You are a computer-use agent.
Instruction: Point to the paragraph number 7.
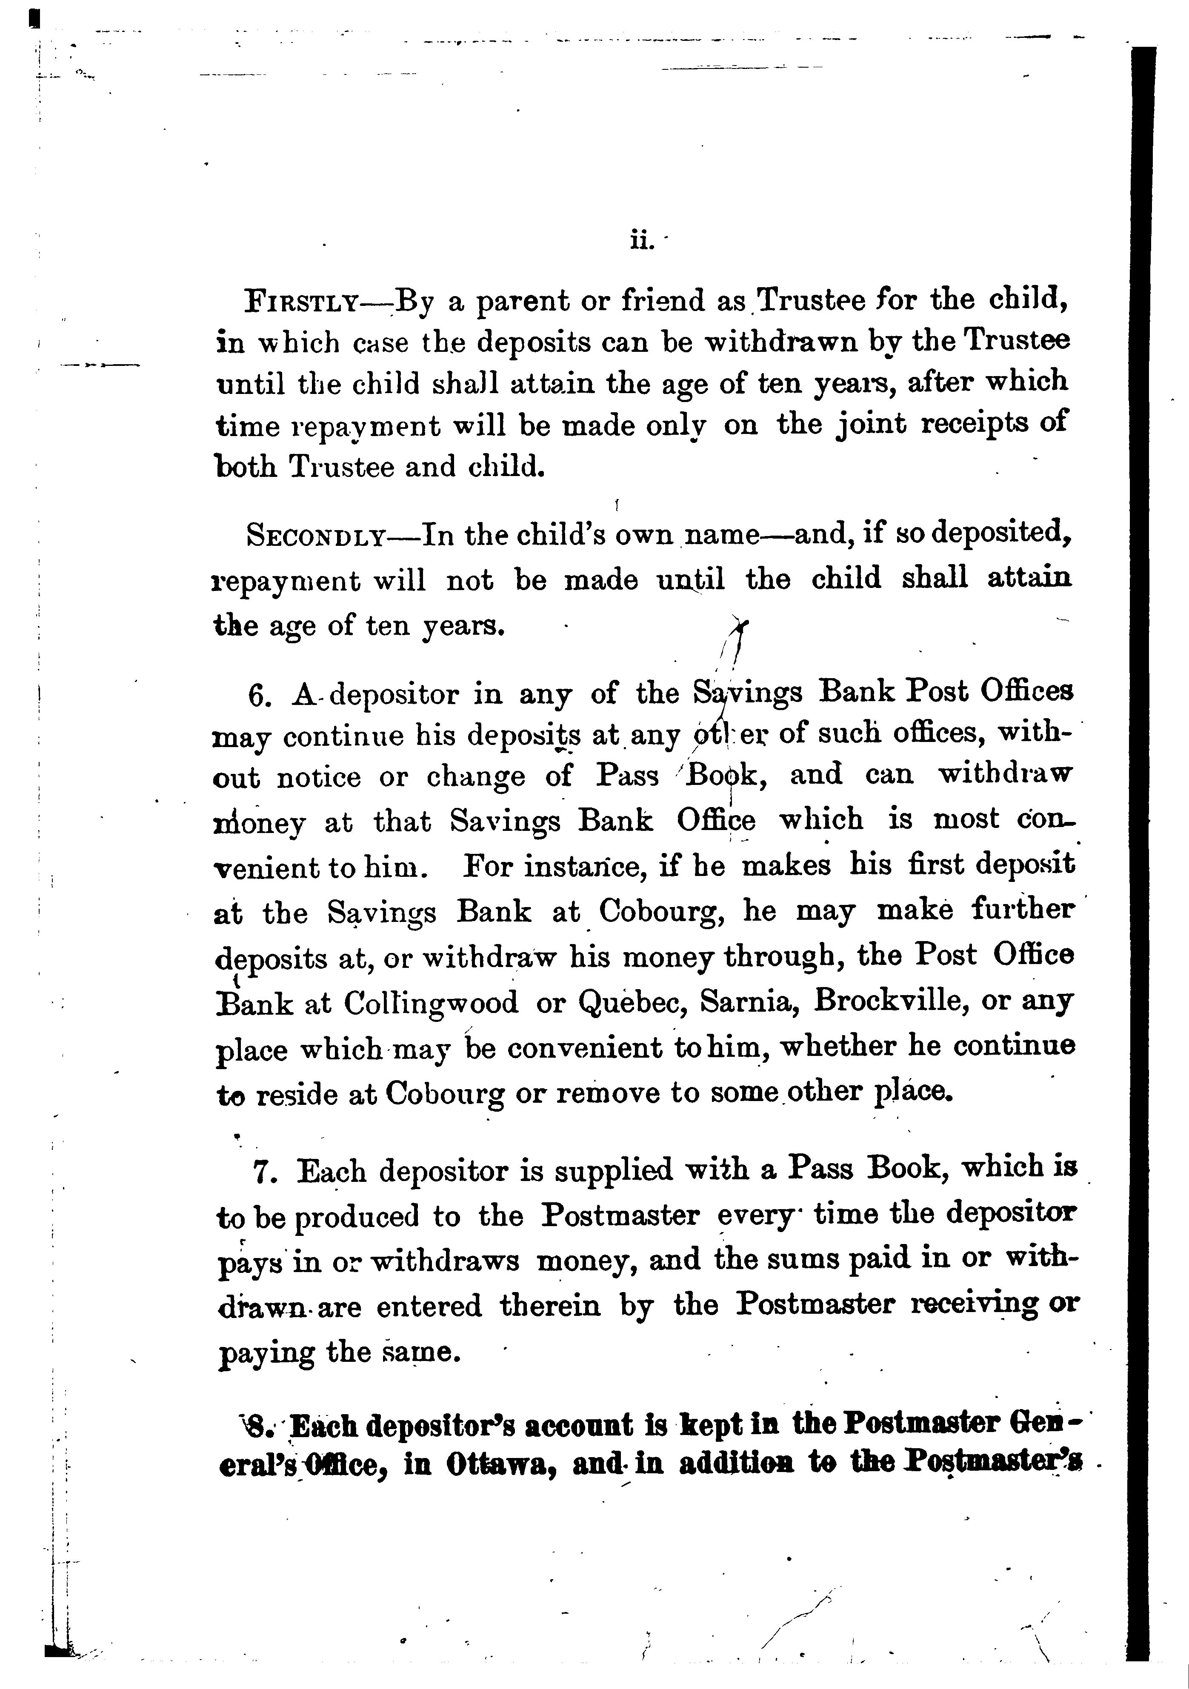pos(265,1172)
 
